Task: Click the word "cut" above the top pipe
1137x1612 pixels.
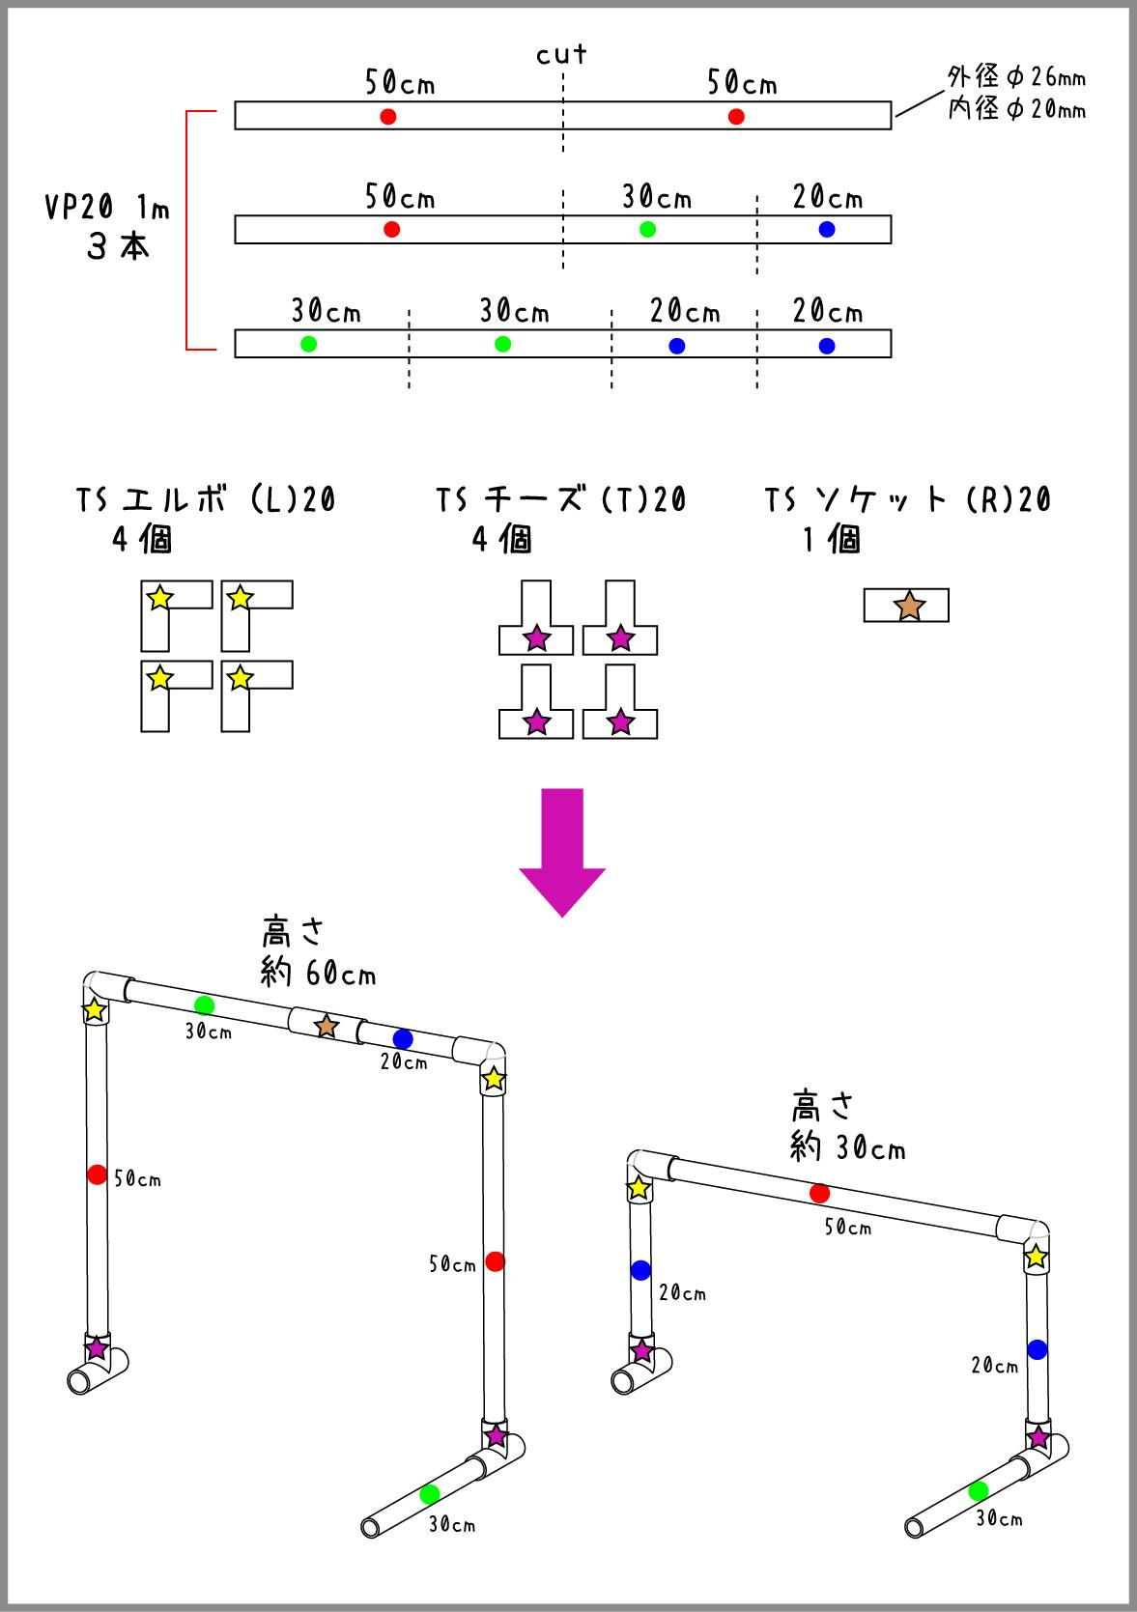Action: pos(561,55)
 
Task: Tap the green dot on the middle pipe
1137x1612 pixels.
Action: pos(648,229)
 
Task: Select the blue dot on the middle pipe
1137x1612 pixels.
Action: pos(827,229)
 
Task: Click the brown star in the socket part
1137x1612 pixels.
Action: pos(909,607)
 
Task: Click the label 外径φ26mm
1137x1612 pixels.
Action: pos(1015,76)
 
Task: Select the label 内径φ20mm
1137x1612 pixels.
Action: pos(1015,109)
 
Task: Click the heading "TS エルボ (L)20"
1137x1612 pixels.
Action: pos(206,499)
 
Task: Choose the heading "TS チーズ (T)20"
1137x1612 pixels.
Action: pos(560,499)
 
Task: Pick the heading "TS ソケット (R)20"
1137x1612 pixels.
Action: pos(907,499)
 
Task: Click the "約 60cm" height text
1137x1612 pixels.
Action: pos(318,974)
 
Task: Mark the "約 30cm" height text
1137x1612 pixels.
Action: pos(847,1146)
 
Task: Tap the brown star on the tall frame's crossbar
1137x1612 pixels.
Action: pos(327,1026)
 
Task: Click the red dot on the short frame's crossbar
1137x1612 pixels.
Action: pos(819,1193)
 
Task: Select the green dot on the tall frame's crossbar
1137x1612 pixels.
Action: pos(204,1004)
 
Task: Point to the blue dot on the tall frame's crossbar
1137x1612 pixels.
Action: pos(403,1038)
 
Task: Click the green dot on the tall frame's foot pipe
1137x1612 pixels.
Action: pos(430,1494)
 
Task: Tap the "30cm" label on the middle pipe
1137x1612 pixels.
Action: pos(656,198)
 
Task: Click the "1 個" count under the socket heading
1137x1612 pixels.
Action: pos(832,540)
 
